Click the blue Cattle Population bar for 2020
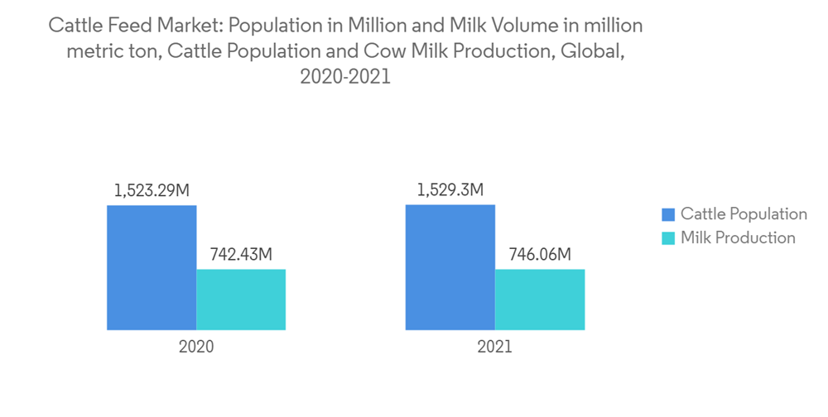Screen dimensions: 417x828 (152, 267)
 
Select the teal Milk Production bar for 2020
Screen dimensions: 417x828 (241, 300)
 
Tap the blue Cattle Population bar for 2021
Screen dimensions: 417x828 (450, 267)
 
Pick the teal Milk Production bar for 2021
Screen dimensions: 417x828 (539, 300)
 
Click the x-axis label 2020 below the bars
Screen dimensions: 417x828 (196, 347)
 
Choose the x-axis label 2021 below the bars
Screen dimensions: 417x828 (494, 347)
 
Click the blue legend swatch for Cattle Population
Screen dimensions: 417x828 (667, 214)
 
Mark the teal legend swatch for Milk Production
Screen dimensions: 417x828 (667, 238)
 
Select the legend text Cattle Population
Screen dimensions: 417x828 (744, 214)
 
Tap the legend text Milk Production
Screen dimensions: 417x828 (738, 238)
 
